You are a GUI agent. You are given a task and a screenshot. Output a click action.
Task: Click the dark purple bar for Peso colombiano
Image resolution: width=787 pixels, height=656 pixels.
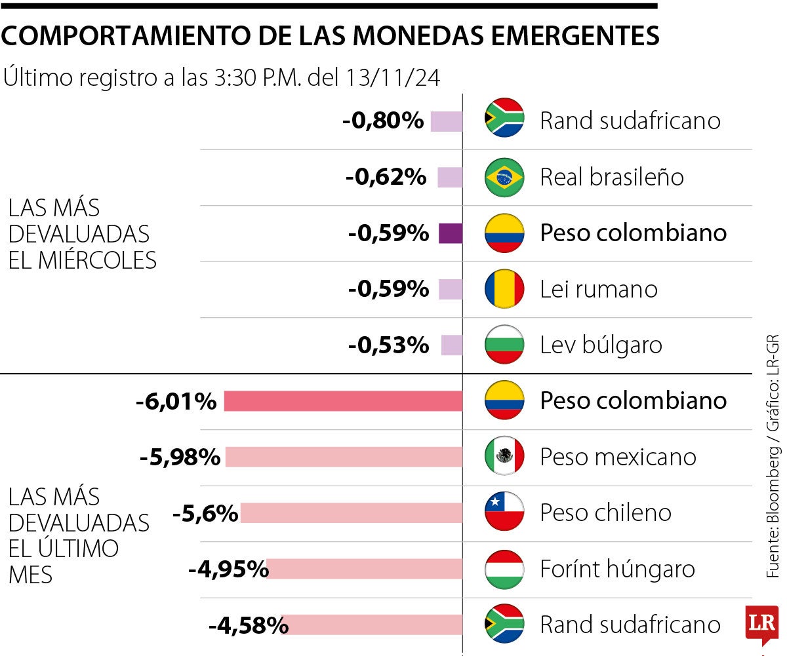pyautogui.click(x=451, y=233)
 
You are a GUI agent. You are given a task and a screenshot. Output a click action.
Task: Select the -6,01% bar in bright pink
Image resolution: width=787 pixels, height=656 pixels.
pyautogui.click(x=343, y=401)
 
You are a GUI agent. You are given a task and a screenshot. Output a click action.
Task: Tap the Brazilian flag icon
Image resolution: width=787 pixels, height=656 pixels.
pyautogui.click(x=504, y=177)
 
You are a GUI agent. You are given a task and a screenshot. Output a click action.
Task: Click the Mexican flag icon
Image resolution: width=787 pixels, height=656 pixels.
pyautogui.click(x=504, y=457)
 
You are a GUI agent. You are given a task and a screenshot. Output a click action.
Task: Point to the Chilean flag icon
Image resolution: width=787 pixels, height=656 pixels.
pyautogui.click(x=504, y=512)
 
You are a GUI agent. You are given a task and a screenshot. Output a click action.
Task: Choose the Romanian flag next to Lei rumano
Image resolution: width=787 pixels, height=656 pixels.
pyautogui.click(x=504, y=289)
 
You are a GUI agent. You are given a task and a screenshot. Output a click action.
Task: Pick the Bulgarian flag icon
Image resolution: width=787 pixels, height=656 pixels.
pyautogui.click(x=504, y=345)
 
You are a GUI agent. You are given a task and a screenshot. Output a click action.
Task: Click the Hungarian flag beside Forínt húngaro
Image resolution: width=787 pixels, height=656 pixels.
pyautogui.click(x=504, y=569)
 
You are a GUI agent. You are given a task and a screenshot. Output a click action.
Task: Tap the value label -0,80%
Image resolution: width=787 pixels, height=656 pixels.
pyautogui.click(x=383, y=121)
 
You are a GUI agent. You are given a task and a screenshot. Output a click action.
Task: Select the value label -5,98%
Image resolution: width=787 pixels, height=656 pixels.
pyautogui.click(x=180, y=457)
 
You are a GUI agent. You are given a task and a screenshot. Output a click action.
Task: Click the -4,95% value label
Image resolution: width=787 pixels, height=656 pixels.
pyautogui.click(x=228, y=569)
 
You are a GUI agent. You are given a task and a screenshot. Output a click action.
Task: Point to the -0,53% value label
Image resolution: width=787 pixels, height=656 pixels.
pyautogui.click(x=388, y=345)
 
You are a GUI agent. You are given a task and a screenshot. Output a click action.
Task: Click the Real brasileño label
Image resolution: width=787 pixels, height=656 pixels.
pyautogui.click(x=611, y=177)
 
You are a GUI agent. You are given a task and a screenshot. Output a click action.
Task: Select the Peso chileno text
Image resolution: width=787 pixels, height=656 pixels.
pyautogui.click(x=605, y=512)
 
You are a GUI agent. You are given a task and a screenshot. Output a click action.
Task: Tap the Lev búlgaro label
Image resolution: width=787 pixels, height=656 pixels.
pyautogui.click(x=601, y=345)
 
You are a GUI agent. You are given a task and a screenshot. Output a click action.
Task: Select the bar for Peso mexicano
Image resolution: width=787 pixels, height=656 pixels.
pyautogui.click(x=344, y=457)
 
